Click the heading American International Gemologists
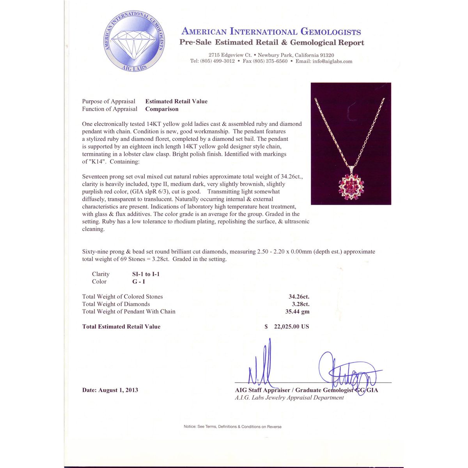[271, 32]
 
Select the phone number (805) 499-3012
[217, 61]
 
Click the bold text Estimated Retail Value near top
[176, 101]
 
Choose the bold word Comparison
[162, 109]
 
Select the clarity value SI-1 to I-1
[146, 274]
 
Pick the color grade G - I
[138, 282]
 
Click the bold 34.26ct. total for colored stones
[299, 297]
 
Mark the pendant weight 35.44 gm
[297, 312]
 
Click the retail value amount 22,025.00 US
[291, 327]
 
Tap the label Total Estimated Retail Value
[121, 327]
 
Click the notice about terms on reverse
[232, 427]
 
